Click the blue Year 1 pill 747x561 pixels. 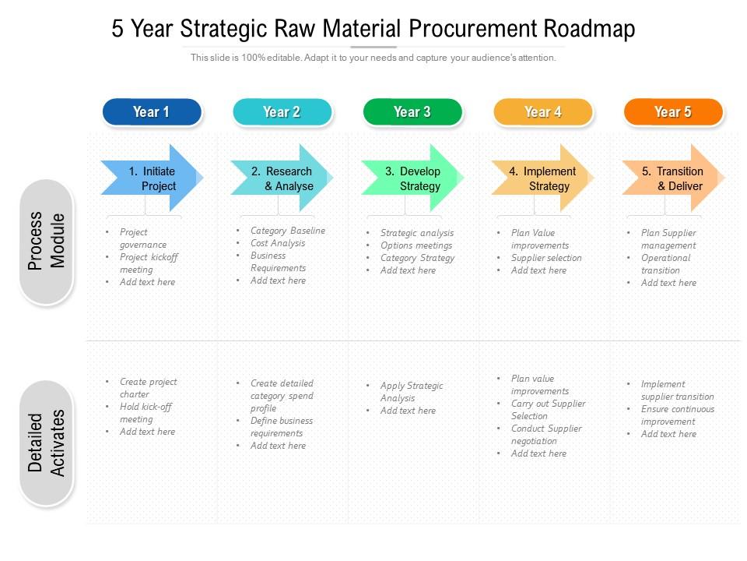[x=152, y=112]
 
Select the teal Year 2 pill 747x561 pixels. [x=282, y=112]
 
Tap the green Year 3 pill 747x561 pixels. [x=412, y=112]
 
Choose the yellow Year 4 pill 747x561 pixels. [x=542, y=112]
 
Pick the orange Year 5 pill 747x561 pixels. [x=673, y=112]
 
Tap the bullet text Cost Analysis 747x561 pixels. [x=278, y=243]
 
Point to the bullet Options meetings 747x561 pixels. [x=416, y=245]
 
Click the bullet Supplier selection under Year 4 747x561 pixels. [x=546, y=258]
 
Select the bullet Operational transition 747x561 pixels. [x=665, y=264]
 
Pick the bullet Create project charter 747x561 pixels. [x=148, y=388]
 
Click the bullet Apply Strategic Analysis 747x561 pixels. [x=411, y=392]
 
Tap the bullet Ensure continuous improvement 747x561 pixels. [x=677, y=415]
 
